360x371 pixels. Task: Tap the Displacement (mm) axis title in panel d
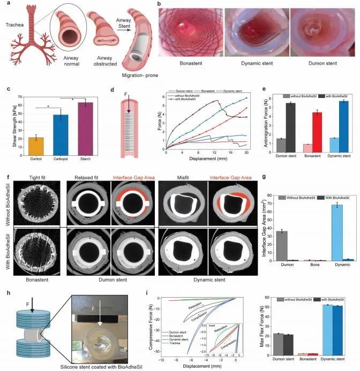click(x=206, y=158)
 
